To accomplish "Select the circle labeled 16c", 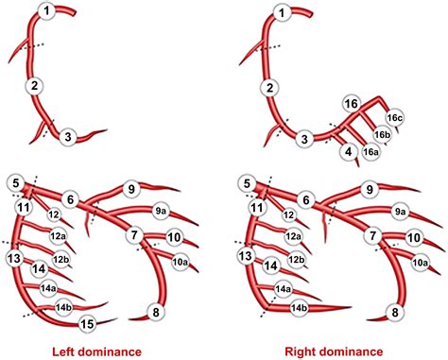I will [395, 117].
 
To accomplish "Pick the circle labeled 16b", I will [383, 135].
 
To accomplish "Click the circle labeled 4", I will [349, 151].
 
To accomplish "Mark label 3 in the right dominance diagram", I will [304, 139].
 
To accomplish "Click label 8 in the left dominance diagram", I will [157, 313].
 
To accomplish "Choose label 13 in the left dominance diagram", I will [14, 256].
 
